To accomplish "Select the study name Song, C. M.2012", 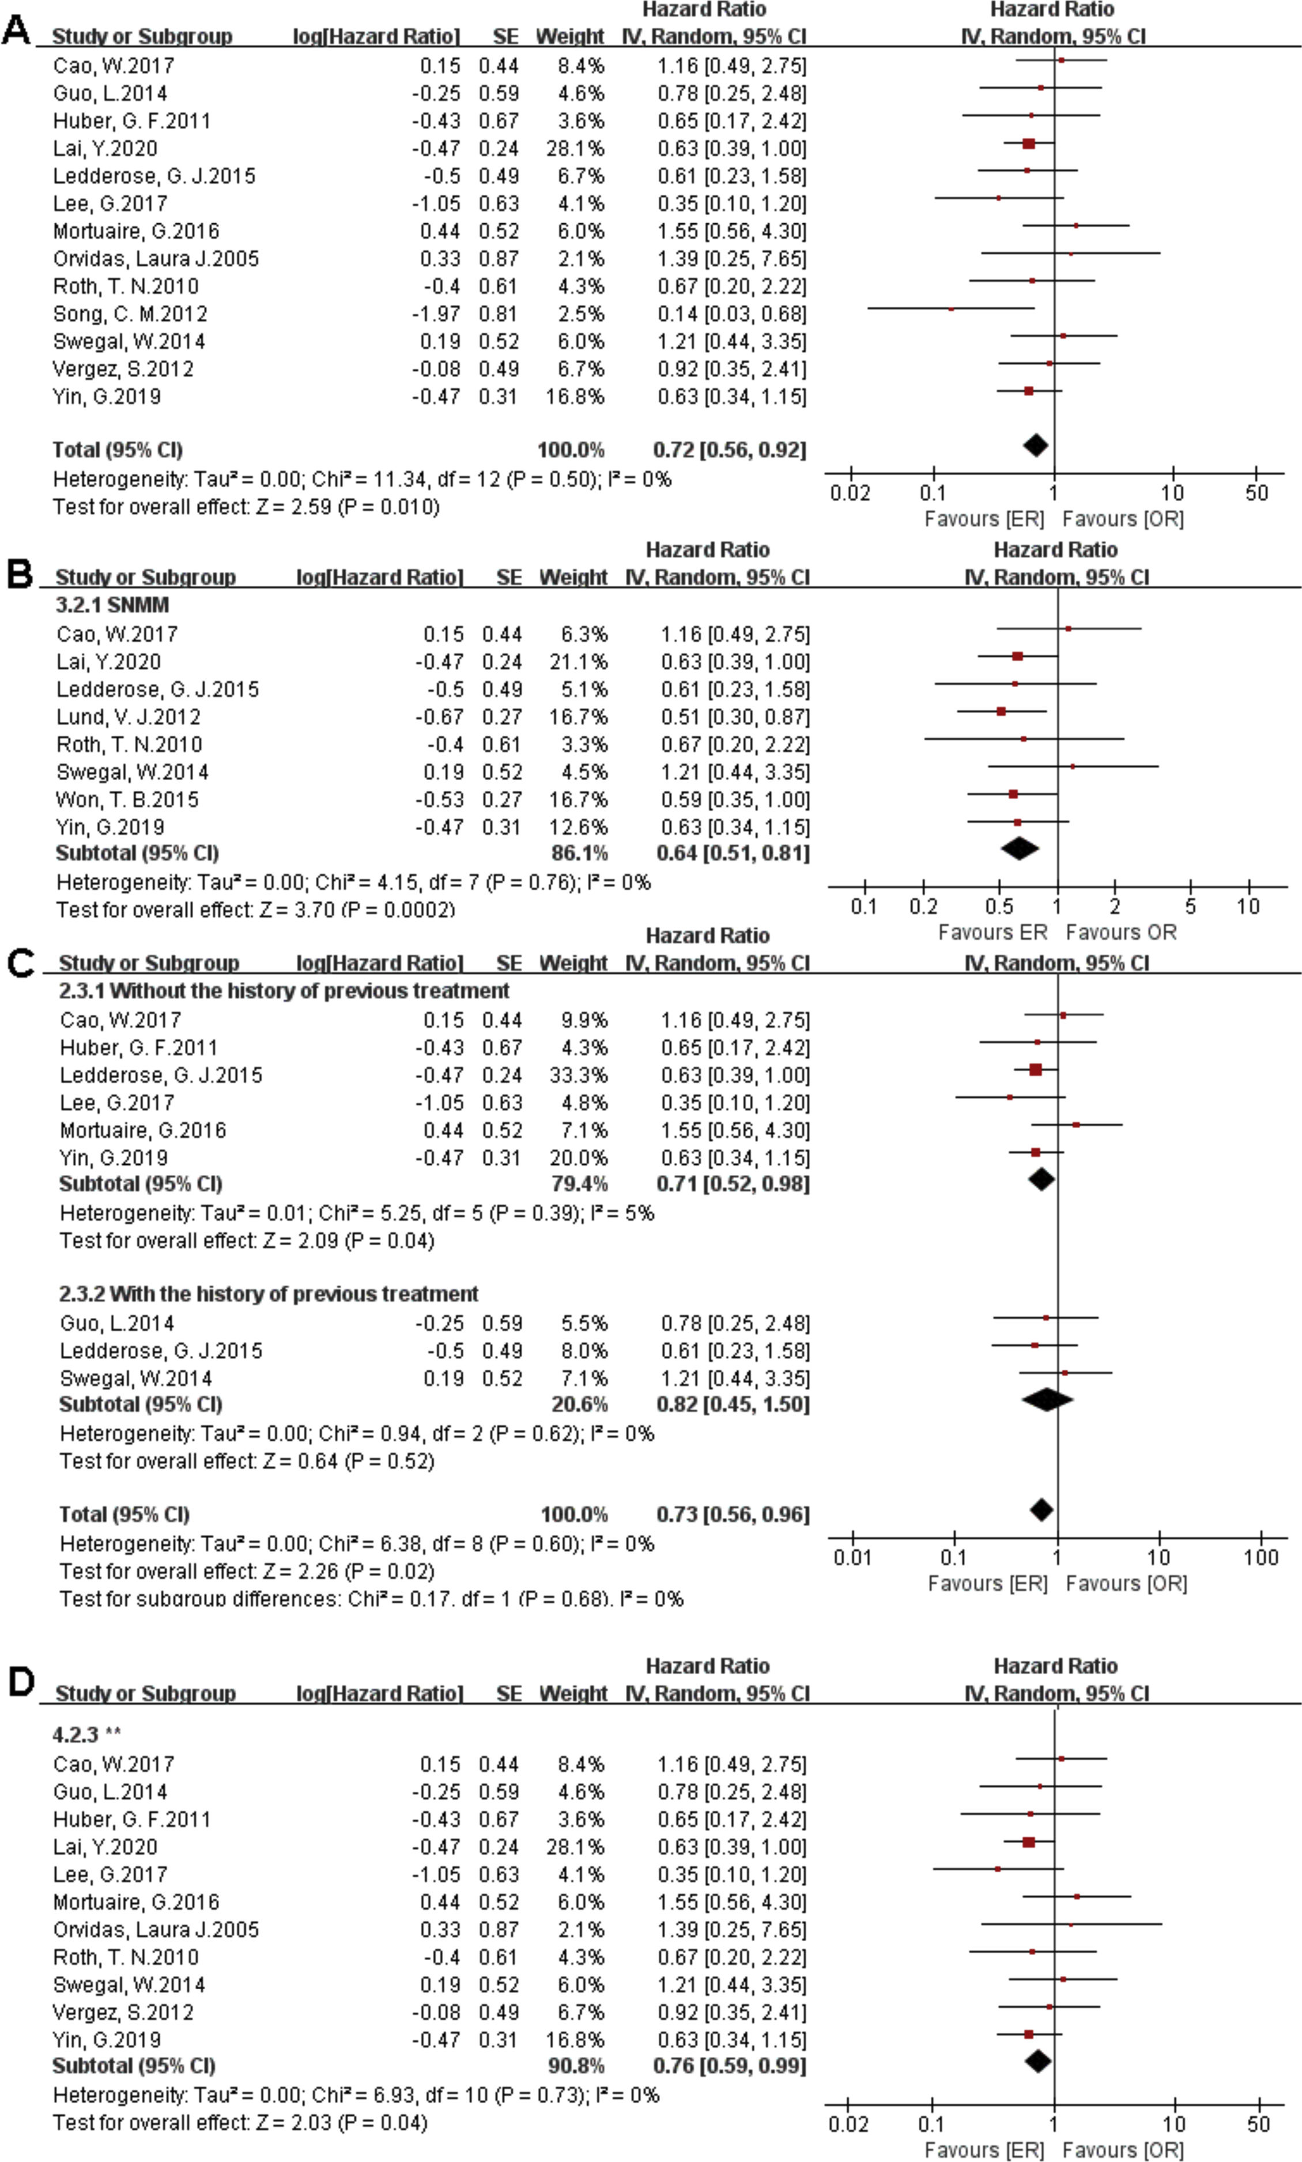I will [x=130, y=313].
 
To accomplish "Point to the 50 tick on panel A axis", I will [x=1256, y=492].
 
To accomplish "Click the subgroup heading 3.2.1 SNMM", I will [x=112, y=605].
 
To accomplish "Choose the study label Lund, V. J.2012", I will [x=128, y=717].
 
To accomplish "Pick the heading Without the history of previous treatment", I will [x=284, y=990].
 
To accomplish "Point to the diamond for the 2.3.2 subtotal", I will [x=1047, y=1399].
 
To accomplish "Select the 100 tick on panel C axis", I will [x=1261, y=1557].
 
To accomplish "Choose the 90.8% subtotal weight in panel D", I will [x=575, y=2066].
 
